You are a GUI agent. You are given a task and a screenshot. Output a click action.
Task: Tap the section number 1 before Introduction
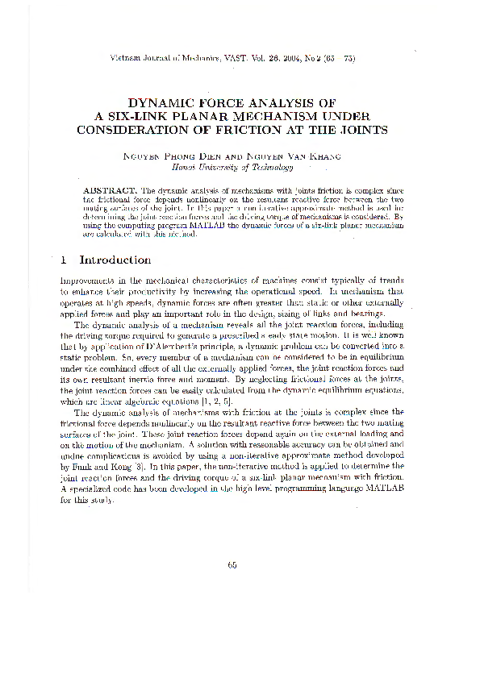click(63, 260)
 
